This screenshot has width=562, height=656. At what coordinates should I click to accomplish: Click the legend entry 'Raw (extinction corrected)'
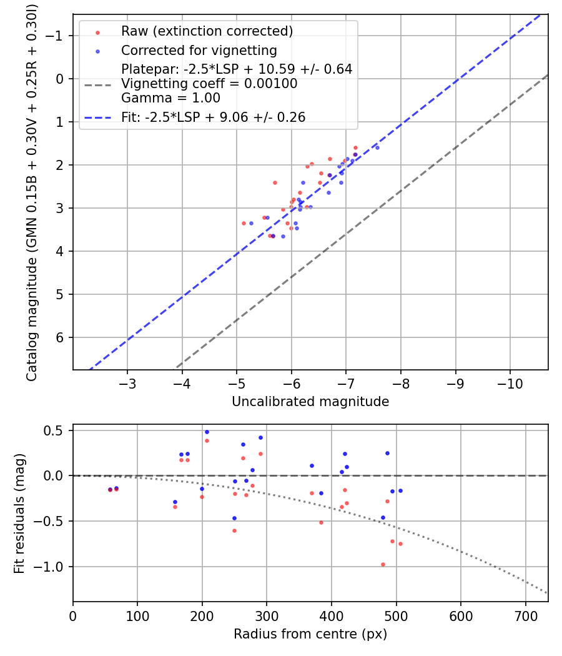click(x=207, y=31)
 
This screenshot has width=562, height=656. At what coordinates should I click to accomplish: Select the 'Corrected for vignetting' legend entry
click(x=199, y=50)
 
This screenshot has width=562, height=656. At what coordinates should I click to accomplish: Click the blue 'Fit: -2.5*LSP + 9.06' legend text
click(x=213, y=117)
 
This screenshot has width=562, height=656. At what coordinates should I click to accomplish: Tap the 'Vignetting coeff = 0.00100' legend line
click(x=209, y=84)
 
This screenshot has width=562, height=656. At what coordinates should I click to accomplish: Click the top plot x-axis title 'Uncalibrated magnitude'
click(x=310, y=402)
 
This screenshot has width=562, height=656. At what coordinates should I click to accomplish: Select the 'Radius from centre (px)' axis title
click(x=310, y=634)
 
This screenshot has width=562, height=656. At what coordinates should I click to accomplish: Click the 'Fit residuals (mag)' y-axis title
click(x=19, y=513)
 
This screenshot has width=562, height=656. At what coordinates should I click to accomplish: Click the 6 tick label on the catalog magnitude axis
click(x=60, y=337)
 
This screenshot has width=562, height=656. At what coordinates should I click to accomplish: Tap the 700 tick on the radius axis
click(x=525, y=616)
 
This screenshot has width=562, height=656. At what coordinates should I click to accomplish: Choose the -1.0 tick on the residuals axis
click(x=52, y=567)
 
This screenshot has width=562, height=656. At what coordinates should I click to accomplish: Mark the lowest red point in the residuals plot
click(x=383, y=564)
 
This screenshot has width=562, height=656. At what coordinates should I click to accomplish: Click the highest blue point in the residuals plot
click(x=207, y=432)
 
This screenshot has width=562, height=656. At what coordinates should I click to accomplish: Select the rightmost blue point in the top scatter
click(x=377, y=147)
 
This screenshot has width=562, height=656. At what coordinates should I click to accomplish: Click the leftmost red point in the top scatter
click(x=244, y=223)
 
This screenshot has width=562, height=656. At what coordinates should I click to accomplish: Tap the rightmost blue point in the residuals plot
click(x=400, y=490)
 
